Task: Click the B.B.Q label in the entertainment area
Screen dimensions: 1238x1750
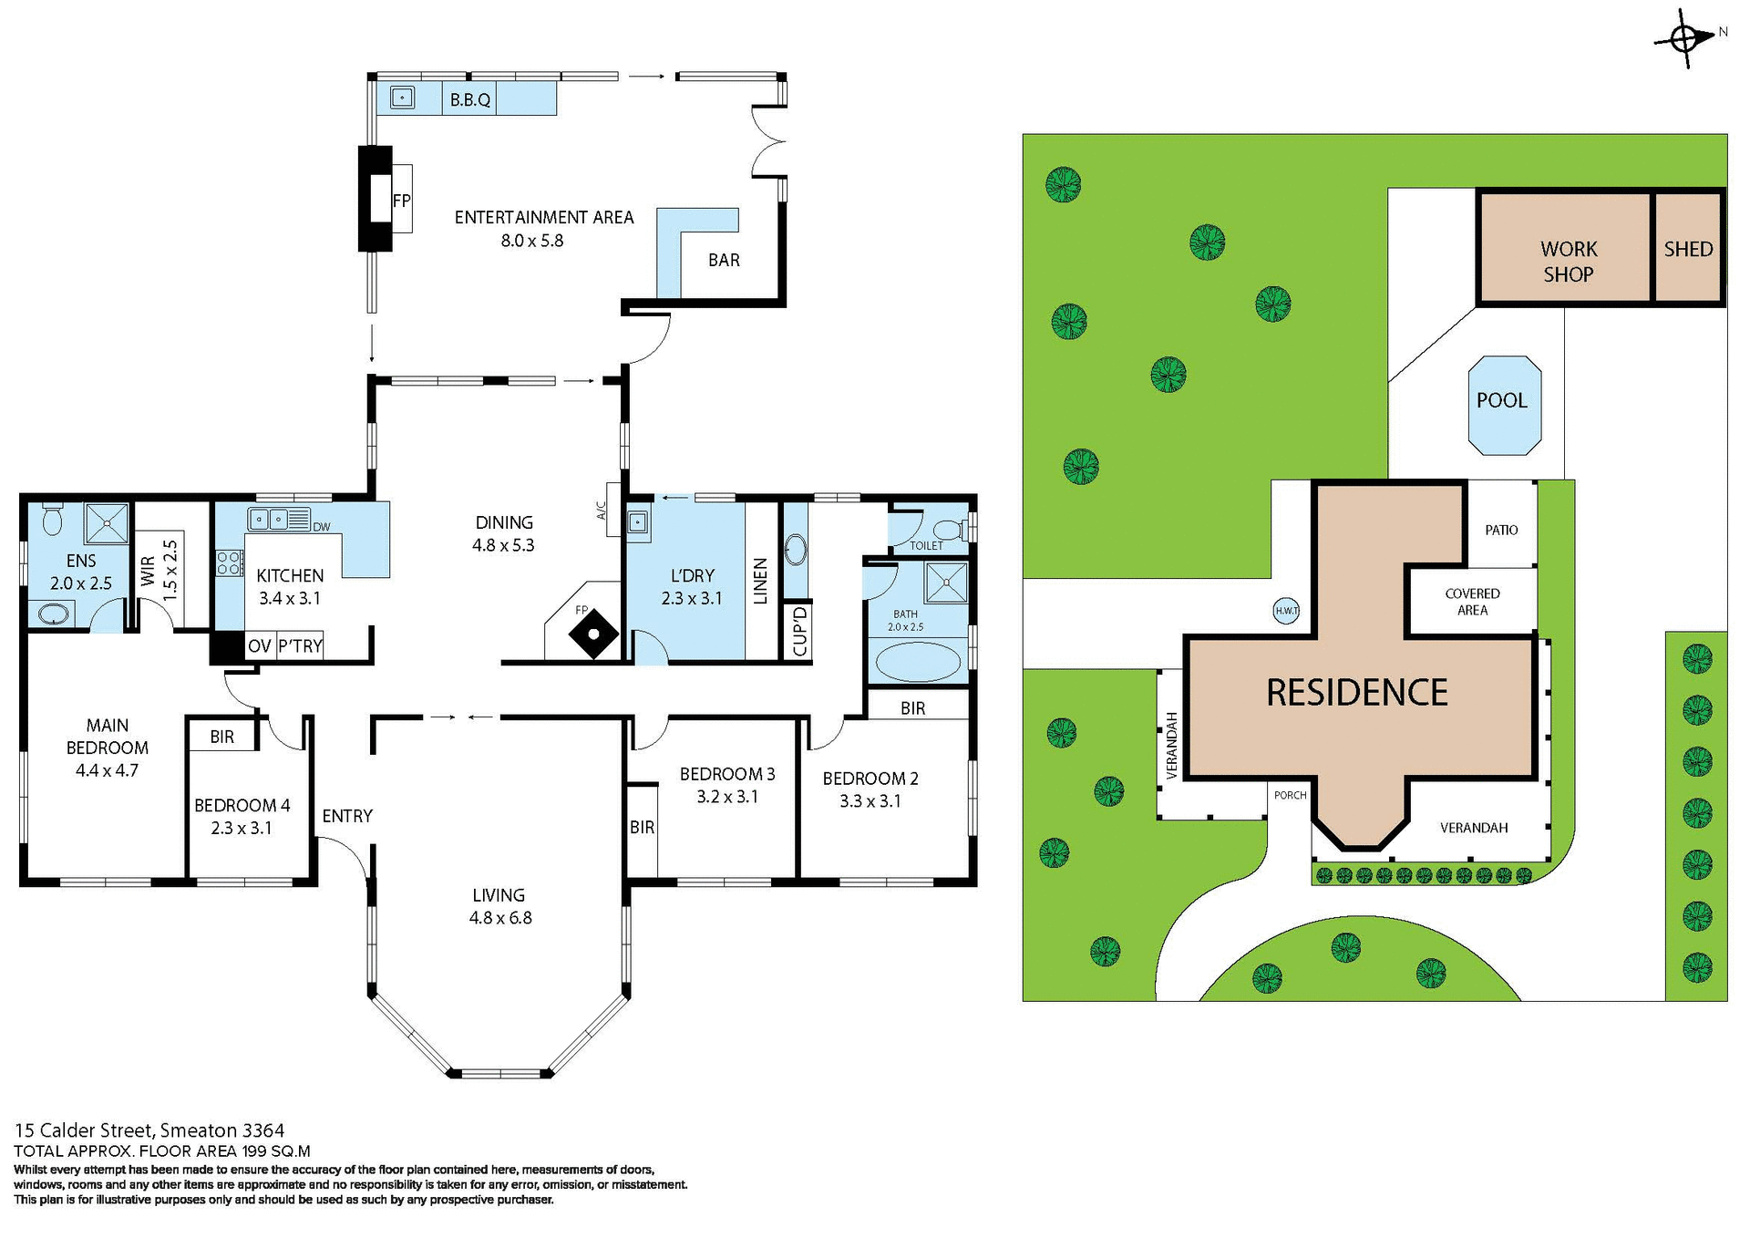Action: [470, 100]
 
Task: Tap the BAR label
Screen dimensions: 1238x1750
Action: [724, 261]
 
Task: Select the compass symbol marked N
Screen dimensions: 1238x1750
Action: [1684, 39]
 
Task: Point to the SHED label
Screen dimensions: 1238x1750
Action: [1688, 249]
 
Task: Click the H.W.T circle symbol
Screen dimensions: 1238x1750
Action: [1286, 611]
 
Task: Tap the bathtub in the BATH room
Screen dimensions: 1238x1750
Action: [917, 663]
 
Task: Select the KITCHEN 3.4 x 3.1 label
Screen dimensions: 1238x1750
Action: [290, 587]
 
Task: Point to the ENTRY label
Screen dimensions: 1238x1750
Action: [347, 817]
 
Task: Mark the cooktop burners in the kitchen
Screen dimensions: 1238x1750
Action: [229, 562]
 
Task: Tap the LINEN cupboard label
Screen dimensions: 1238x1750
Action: [761, 582]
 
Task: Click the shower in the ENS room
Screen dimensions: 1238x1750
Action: [108, 523]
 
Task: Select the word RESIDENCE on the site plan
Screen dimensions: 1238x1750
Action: [1356, 693]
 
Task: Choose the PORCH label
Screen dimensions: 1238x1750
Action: [1290, 796]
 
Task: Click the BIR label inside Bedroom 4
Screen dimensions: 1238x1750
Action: [221, 737]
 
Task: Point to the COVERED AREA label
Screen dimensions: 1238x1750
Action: [1472, 602]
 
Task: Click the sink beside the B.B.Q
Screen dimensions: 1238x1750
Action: [402, 98]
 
